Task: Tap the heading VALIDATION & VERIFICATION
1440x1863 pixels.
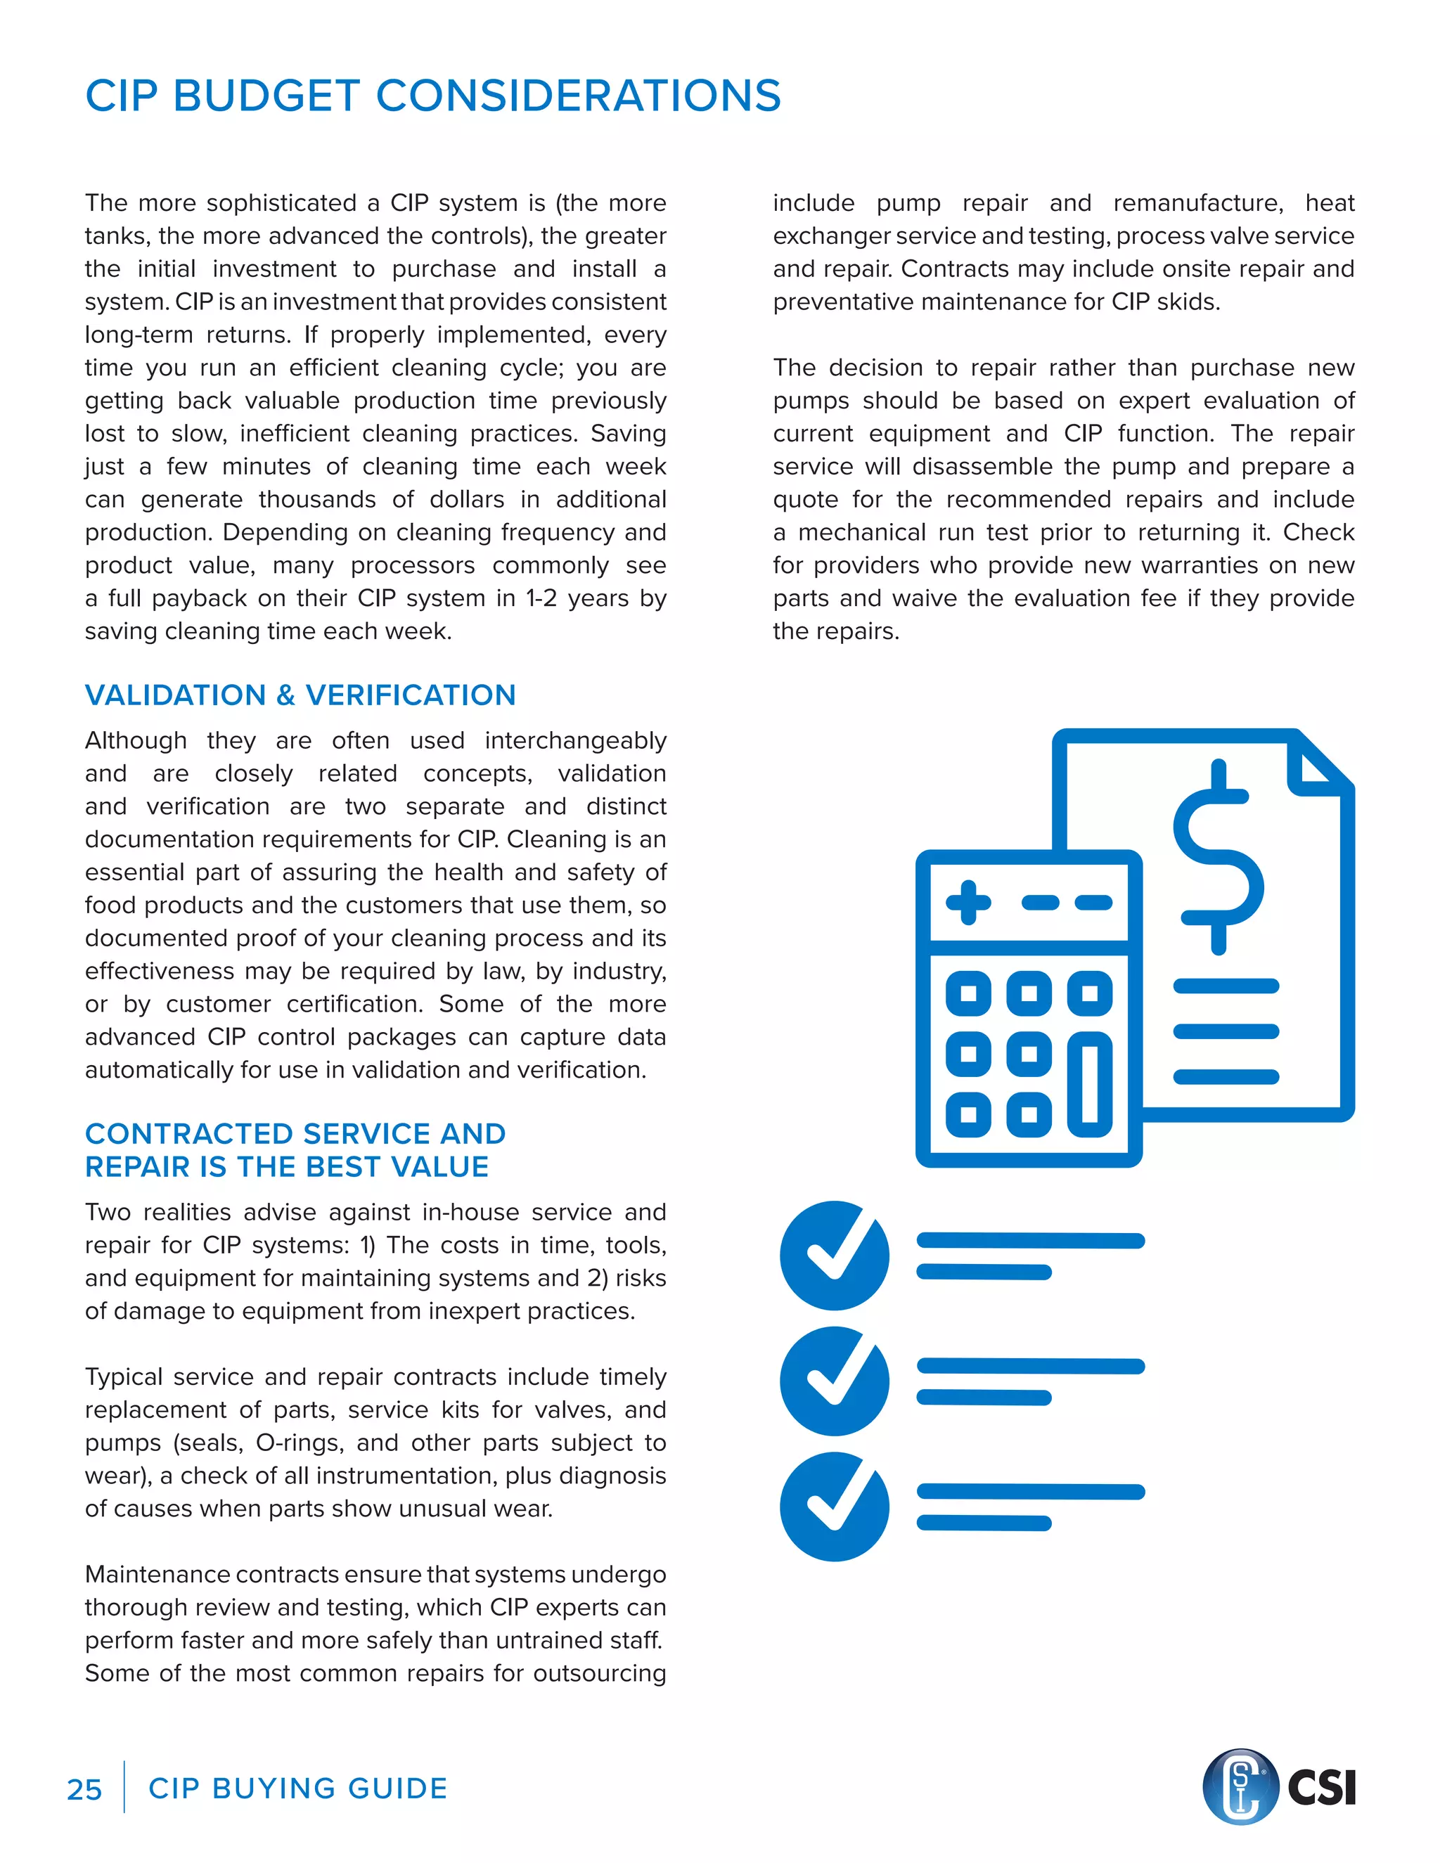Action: pos(300,695)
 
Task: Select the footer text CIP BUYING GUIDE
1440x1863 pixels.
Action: pos(297,1788)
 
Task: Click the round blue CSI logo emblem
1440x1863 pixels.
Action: pos(1240,1786)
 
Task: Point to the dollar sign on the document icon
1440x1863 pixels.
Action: pos(1219,856)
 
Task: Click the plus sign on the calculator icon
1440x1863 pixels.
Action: pos(968,903)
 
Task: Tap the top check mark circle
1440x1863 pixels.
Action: pos(835,1256)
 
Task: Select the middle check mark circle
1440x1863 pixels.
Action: pos(835,1381)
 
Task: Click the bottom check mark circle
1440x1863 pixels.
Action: pos(835,1507)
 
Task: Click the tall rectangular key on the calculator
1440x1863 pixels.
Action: pos(1089,1084)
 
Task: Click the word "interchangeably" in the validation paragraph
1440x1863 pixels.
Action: pos(575,740)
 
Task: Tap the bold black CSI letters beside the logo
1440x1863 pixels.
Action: pos(1321,1788)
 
